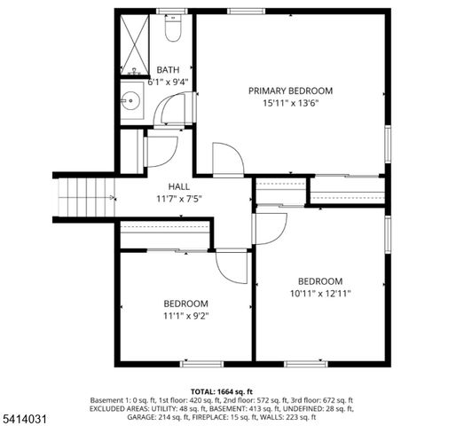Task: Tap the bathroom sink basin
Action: tap(134, 99)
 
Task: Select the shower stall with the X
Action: tap(138, 44)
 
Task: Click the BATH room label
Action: tap(167, 69)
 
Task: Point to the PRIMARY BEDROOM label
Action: tap(290, 91)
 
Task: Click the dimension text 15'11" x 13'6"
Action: tap(290, 103)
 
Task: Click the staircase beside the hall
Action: tap(83, 196)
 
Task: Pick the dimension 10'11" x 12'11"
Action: tap(320, 294)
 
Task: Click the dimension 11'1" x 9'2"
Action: tap(185, 314)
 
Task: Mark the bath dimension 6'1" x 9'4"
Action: tap(168, 82)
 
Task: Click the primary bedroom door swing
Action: tap(228, 161)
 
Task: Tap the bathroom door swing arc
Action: tap(168, 112)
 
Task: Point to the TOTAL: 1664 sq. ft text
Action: tap(222, 391)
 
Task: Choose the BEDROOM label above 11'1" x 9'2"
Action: tap(185, 303)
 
